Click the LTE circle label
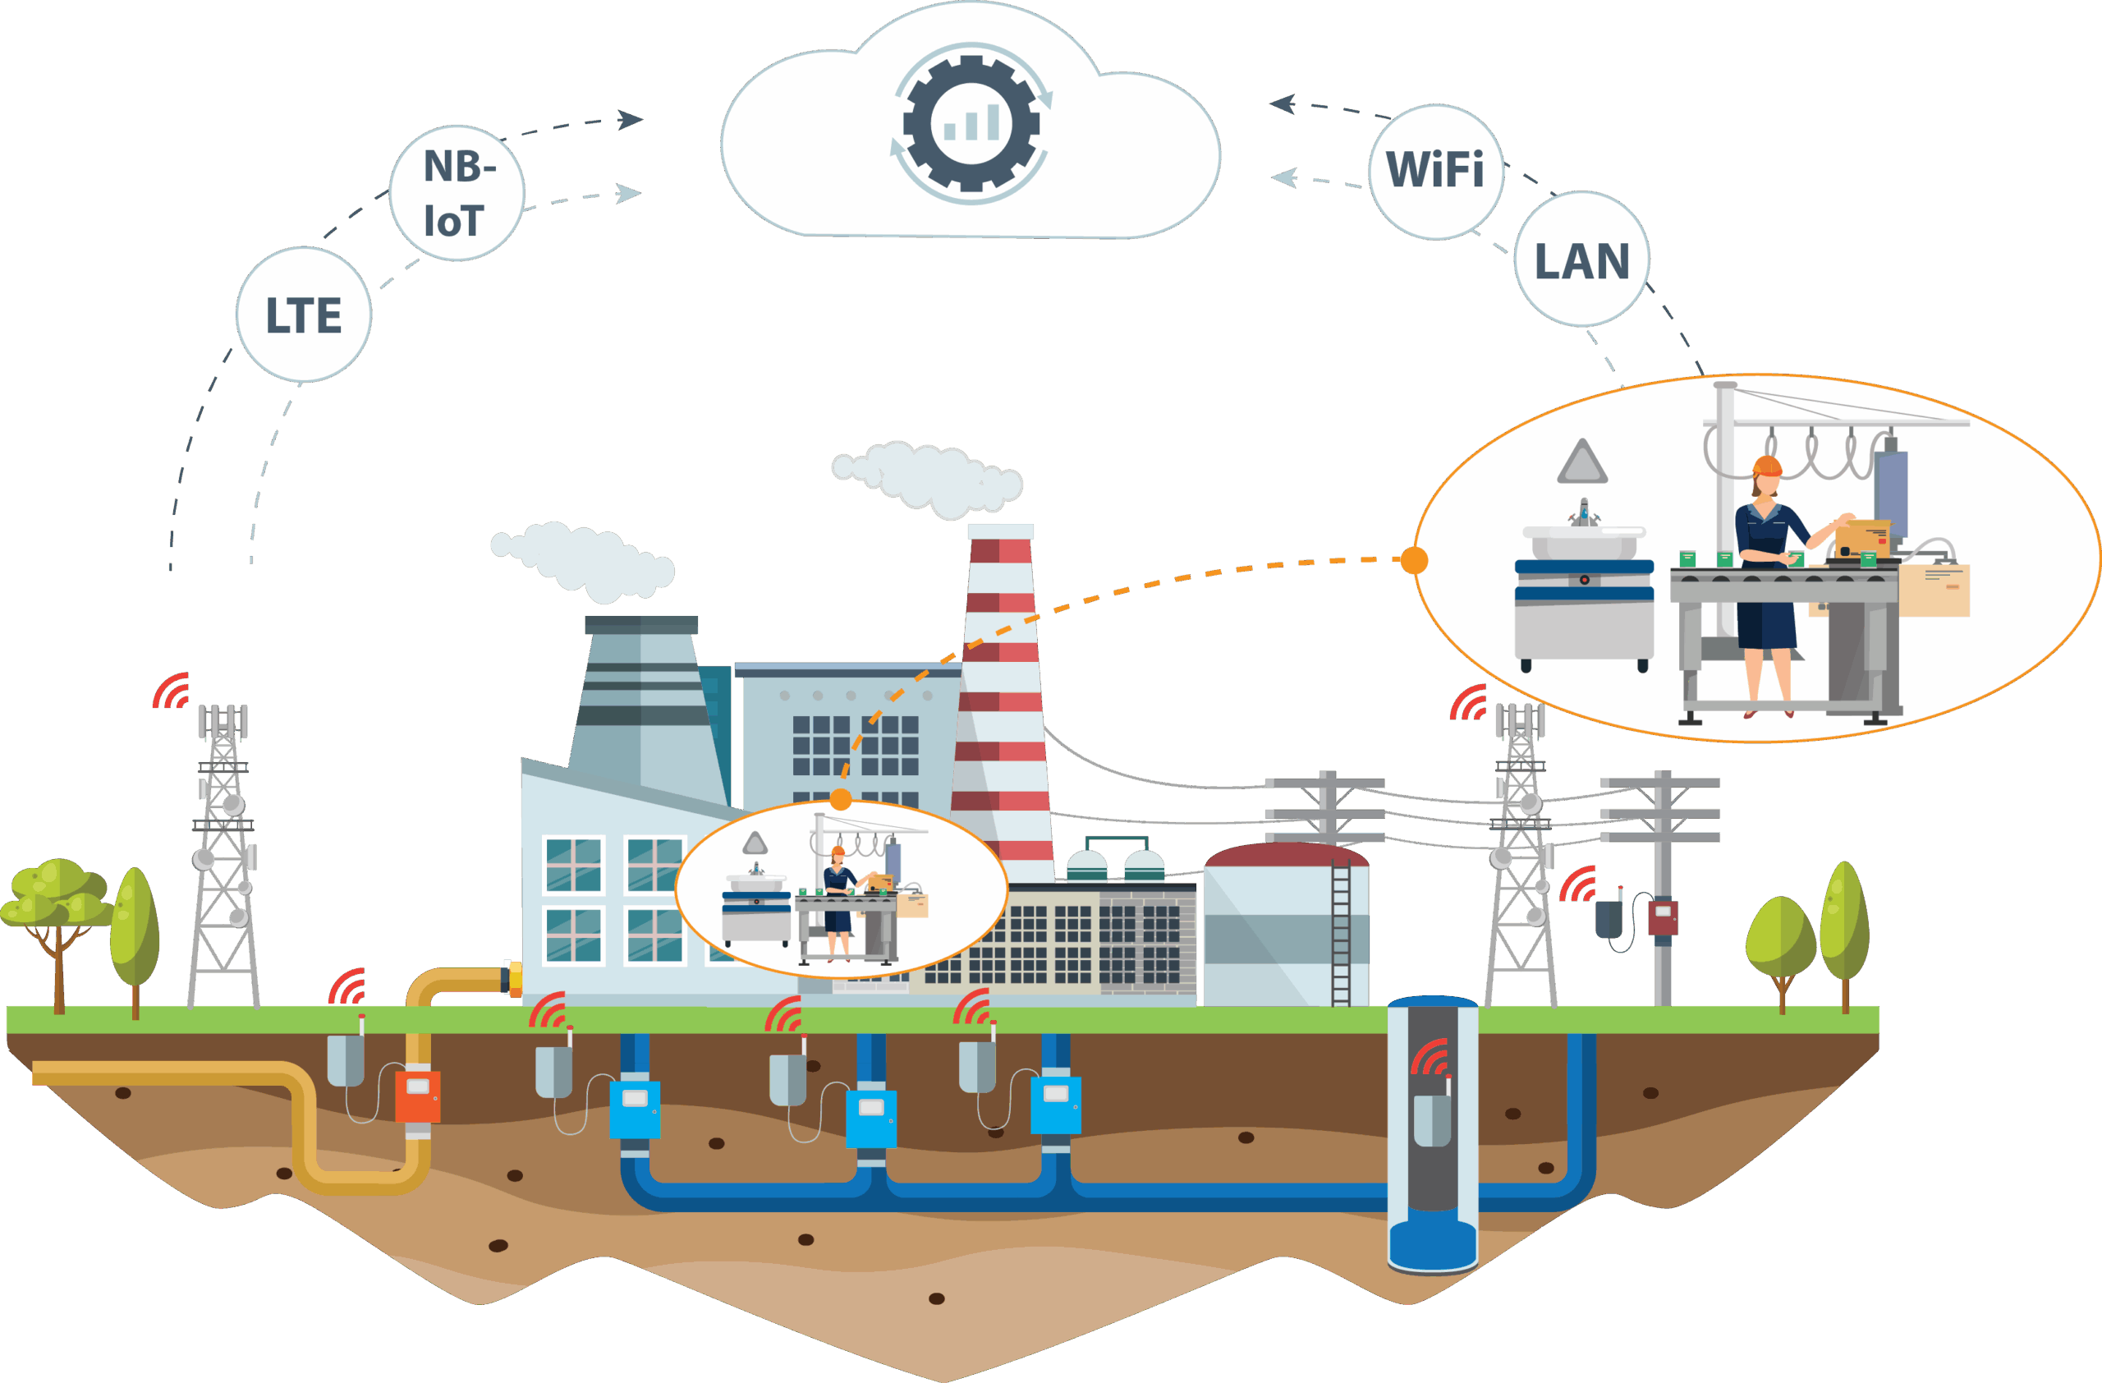(304, 315)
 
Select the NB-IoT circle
(457, 192)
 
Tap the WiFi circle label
(1435, 172)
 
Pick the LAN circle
(1581, 260)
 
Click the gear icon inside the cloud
(971, 124)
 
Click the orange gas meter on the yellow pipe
(417, 1095)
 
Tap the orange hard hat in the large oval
(1766, 466)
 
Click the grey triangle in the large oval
(1581, 462)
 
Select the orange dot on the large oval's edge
(1414, 560)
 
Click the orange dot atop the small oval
(841, 799)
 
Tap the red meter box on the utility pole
(1663, 917)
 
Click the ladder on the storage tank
(1341, 936)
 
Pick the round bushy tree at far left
(55, 894)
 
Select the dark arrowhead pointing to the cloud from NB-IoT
(631, 119)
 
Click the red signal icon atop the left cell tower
(172, 691)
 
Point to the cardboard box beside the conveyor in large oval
(1934, 590)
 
